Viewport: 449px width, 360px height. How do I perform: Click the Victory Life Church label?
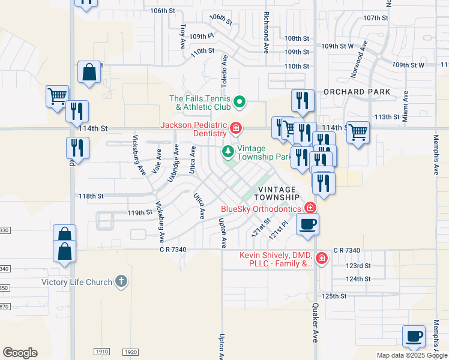coord(76,282)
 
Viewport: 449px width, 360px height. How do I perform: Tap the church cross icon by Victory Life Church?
coord(121,281)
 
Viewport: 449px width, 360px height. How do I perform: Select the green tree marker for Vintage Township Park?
coord(228,149)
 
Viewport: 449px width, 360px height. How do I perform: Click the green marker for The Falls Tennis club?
coord(240,102)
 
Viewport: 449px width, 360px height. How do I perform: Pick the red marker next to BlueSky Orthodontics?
coord(310,208)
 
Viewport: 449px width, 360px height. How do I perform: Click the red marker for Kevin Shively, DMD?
coord(322,259)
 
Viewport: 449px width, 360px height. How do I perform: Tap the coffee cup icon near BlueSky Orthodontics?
coord(308,224)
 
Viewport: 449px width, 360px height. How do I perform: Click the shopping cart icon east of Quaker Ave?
coord(358,131)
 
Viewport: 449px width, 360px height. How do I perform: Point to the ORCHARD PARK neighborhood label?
coord(357,92)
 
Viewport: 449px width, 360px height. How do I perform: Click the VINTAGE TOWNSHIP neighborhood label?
coord(276,193)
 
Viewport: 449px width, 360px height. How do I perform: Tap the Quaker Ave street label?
coord(314,322)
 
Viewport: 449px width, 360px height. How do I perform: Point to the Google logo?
coord(20,352)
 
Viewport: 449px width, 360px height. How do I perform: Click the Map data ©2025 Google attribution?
coord(411,355)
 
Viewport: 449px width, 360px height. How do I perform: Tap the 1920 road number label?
coord(131,352)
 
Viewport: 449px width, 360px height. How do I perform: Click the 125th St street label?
coord(334,296)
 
